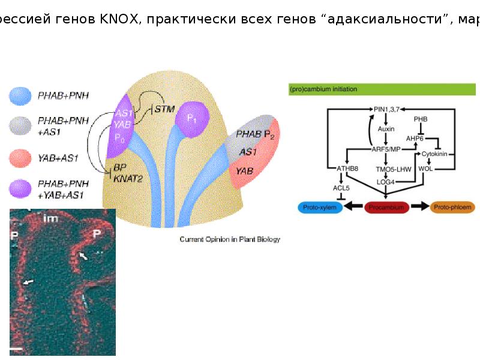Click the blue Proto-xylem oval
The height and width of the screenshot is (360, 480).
point(320,207)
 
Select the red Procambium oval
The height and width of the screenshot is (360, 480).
point(386,207)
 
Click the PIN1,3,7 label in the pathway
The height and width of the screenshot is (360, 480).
point(386,109)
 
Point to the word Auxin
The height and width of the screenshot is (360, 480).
point(385,128)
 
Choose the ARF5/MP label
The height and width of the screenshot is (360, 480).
point(385,149)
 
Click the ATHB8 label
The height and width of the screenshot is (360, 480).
point(347,169)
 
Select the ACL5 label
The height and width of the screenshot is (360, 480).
point(341,188)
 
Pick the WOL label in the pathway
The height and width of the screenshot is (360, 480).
point(425,169)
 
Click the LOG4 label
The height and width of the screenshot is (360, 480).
point(385,182)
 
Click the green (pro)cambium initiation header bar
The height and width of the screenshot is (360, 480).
point(382,89)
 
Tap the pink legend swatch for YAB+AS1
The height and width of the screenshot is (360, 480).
point(20,158)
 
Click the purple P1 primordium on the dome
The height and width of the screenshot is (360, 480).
point(192,117)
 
